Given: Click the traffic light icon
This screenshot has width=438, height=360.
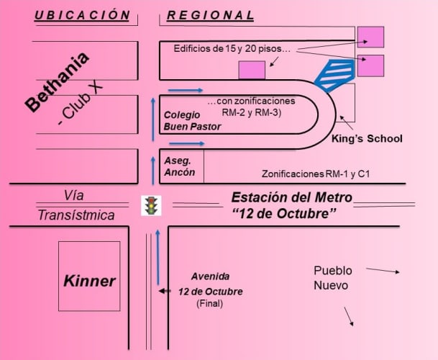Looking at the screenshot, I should pyautogui.click(x=151, y=205).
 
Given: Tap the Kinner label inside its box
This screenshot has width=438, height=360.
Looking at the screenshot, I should pyautogui.click(x=89, y=281).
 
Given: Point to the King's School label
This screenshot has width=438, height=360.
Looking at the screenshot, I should pyautogui.click(x=367, y=138).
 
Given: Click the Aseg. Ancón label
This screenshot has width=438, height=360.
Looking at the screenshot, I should pyautogui.click(x=179, y=167).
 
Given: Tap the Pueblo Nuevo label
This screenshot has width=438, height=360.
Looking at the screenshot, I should pyautogui.click(x=332, y=278).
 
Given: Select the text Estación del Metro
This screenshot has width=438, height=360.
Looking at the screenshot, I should pyautogui.click(x=291, y=197).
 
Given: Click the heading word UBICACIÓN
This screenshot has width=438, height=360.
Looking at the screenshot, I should pyautogui.click(x=82, y=14).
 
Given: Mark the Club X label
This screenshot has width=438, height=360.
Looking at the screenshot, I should pyautogui.click(x=81, y=104).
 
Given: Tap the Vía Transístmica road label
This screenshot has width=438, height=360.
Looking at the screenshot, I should pyautogui.click(x=76, y=205).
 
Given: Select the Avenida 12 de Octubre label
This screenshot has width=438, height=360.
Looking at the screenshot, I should pyautogui.click(x=211, y=284).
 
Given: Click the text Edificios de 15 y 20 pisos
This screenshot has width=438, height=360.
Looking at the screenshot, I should pyautogui.click(x=232, y=49).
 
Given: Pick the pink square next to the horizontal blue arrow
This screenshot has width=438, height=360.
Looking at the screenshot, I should pyautogui.click(x=252, y=70).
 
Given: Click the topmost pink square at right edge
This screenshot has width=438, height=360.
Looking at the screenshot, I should pyautogui.click(x=370, y=37).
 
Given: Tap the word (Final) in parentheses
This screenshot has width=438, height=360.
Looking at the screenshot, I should pyautogui.click(x=210, y=304).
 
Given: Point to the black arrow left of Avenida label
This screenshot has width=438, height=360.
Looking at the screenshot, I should pyautogui.click(x=165, y=291).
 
